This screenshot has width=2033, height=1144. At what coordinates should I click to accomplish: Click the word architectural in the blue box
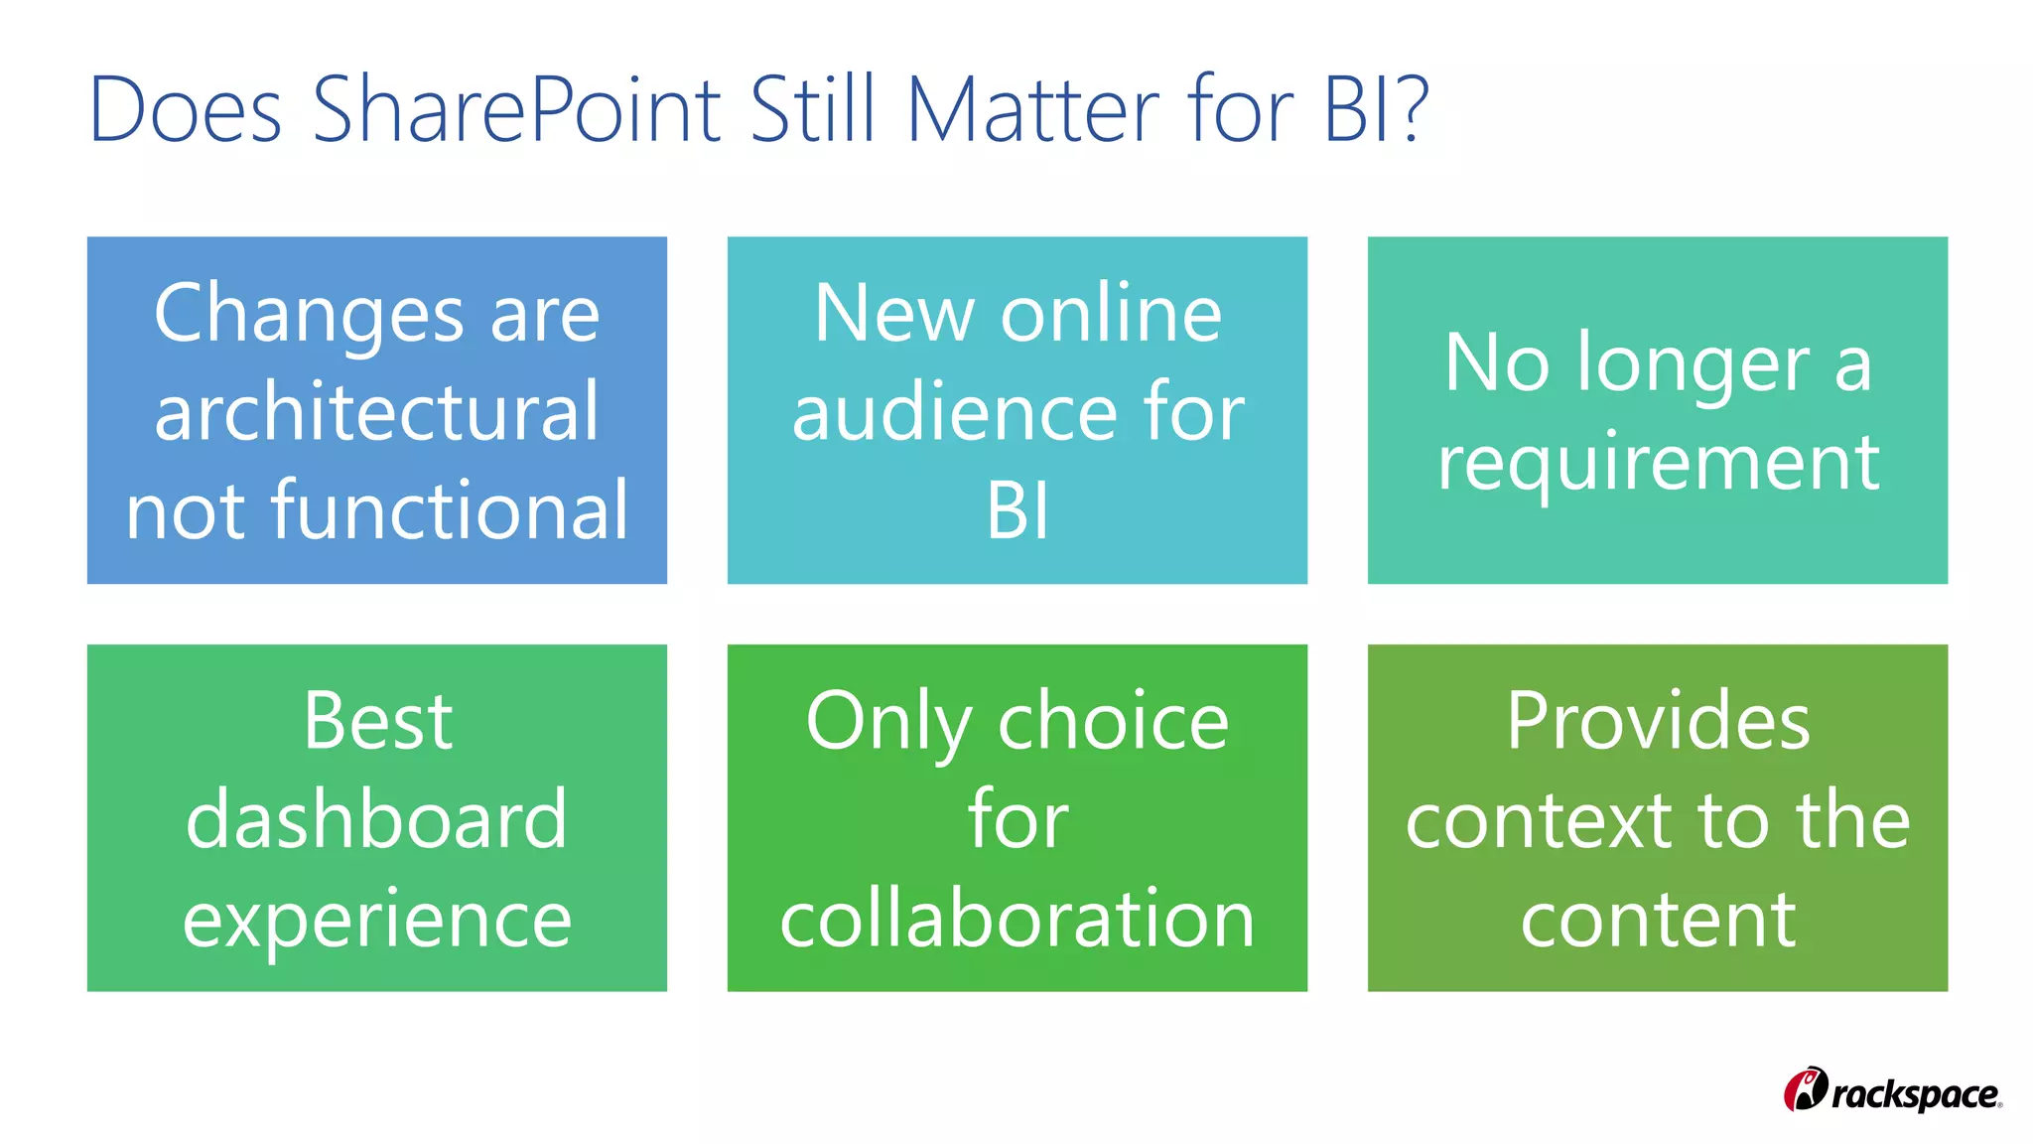point(377,411)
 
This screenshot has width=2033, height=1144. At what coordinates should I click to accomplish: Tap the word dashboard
point(377,819)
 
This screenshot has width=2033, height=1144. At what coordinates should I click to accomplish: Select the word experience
point(377,920)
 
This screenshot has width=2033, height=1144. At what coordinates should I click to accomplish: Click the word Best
point(377,721)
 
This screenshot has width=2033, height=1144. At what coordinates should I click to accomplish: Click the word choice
point(1113,721)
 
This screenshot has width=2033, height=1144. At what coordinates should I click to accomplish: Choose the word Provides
point(1658,721)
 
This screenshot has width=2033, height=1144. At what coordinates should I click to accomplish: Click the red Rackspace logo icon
point(1805,1090)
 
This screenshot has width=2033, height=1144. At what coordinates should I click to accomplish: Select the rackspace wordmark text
point(1915,1095)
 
